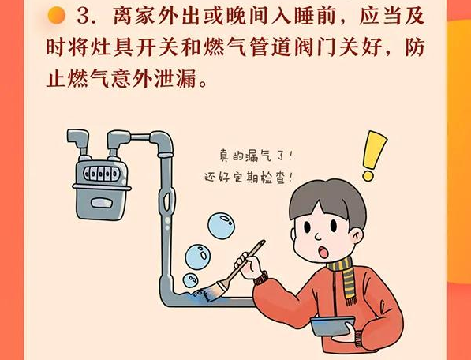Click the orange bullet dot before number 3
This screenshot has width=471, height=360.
click(x=57, y=15)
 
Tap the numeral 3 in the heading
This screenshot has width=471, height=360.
click(x=83, y=16)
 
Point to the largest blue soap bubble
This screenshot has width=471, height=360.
click(x=222, y=226)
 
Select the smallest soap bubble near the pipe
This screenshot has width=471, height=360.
click(x=190, y=280)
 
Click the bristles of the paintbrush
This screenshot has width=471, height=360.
click(x=211, y=291)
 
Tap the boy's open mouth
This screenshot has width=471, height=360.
click(x=323, y=252)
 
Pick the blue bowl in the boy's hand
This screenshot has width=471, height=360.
click(x=332, y=326)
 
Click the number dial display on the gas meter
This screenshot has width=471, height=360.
click(x=101, y=174)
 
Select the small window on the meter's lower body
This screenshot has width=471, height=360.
click(x=101, y=203)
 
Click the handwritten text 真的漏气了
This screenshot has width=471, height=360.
click(x=256, y=156)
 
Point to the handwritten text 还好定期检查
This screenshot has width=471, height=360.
click(x=249, y=178)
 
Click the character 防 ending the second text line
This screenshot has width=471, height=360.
click(x=414, y=47)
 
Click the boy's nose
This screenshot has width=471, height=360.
click(x=318, y=237)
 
